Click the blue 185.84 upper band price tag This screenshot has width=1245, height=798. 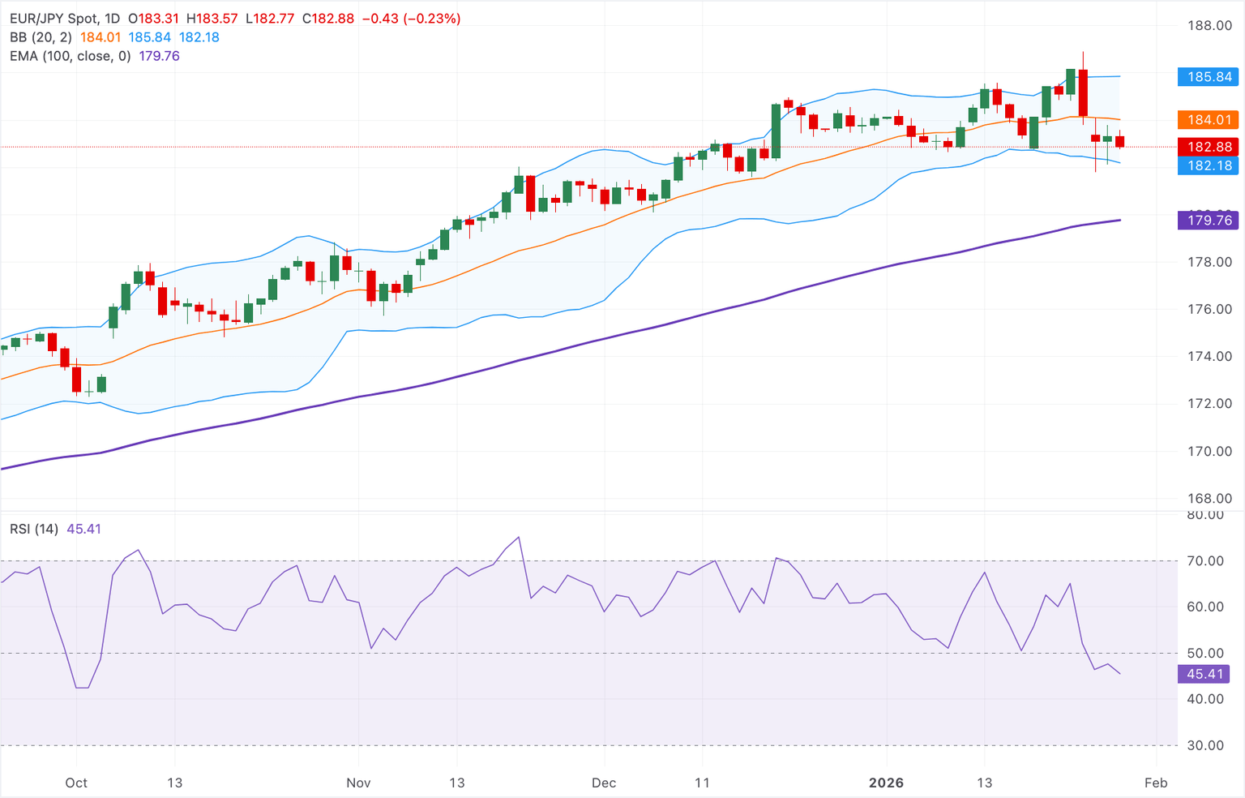coord(1209,77)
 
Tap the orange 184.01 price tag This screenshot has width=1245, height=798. coord(1209,120)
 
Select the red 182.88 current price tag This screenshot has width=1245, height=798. coord(1209,147)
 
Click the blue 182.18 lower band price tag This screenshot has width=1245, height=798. coord(1209,165)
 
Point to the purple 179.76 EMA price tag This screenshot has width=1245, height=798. coord(1209,221)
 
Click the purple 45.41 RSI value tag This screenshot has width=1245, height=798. coord(1204,674)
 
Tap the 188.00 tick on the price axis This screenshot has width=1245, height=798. coord(1209,26)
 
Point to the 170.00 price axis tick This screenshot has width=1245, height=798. coord(1209,452)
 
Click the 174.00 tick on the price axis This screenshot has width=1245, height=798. coord(1209,357)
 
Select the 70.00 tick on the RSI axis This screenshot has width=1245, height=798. coord(1205,561)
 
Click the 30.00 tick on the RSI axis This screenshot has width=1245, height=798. coord(1205,745)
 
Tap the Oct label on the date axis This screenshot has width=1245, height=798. coord(76,783)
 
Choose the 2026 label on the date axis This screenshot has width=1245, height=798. coord(886,783)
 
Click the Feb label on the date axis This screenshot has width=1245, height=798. coord(1156,783)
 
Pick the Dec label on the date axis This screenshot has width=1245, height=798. coord(604,783)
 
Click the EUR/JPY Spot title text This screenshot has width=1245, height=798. coord(53,18)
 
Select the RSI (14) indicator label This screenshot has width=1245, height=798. coord(34,529)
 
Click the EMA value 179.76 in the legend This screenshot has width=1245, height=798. coord(160,56)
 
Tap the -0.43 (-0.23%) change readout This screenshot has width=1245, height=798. coord(410,18)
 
